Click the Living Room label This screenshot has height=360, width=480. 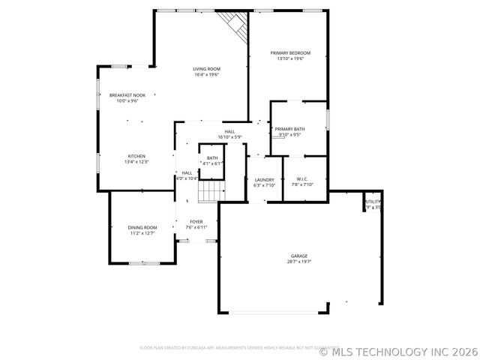click(206, 69)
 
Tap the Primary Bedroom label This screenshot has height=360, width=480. click(290, 52)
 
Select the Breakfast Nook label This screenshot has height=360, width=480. click(127, 95)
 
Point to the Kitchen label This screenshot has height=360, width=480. click(136, 156)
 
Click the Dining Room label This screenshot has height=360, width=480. click(142, 227)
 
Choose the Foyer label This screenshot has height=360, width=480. click(196, 221)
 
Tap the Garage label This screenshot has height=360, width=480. click(299, 256)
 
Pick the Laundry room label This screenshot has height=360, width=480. click(264, 179)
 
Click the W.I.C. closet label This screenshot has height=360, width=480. click(302, 179)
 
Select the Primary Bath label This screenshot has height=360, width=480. click(289, 130)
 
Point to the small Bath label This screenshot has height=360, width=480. click(212, 157)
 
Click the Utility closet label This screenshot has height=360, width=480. click(373, 202)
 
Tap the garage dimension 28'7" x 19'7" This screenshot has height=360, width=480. click(299, 262)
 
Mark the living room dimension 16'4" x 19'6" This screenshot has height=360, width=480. click(206, 75)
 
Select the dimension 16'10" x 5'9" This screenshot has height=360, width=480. click(229, 137)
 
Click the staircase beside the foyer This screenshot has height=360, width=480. click(211, 192)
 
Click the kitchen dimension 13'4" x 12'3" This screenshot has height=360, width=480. click(136, 162)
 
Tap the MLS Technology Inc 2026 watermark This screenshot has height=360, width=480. click(399, 351)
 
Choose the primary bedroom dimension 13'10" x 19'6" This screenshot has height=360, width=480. click(290, 58)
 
